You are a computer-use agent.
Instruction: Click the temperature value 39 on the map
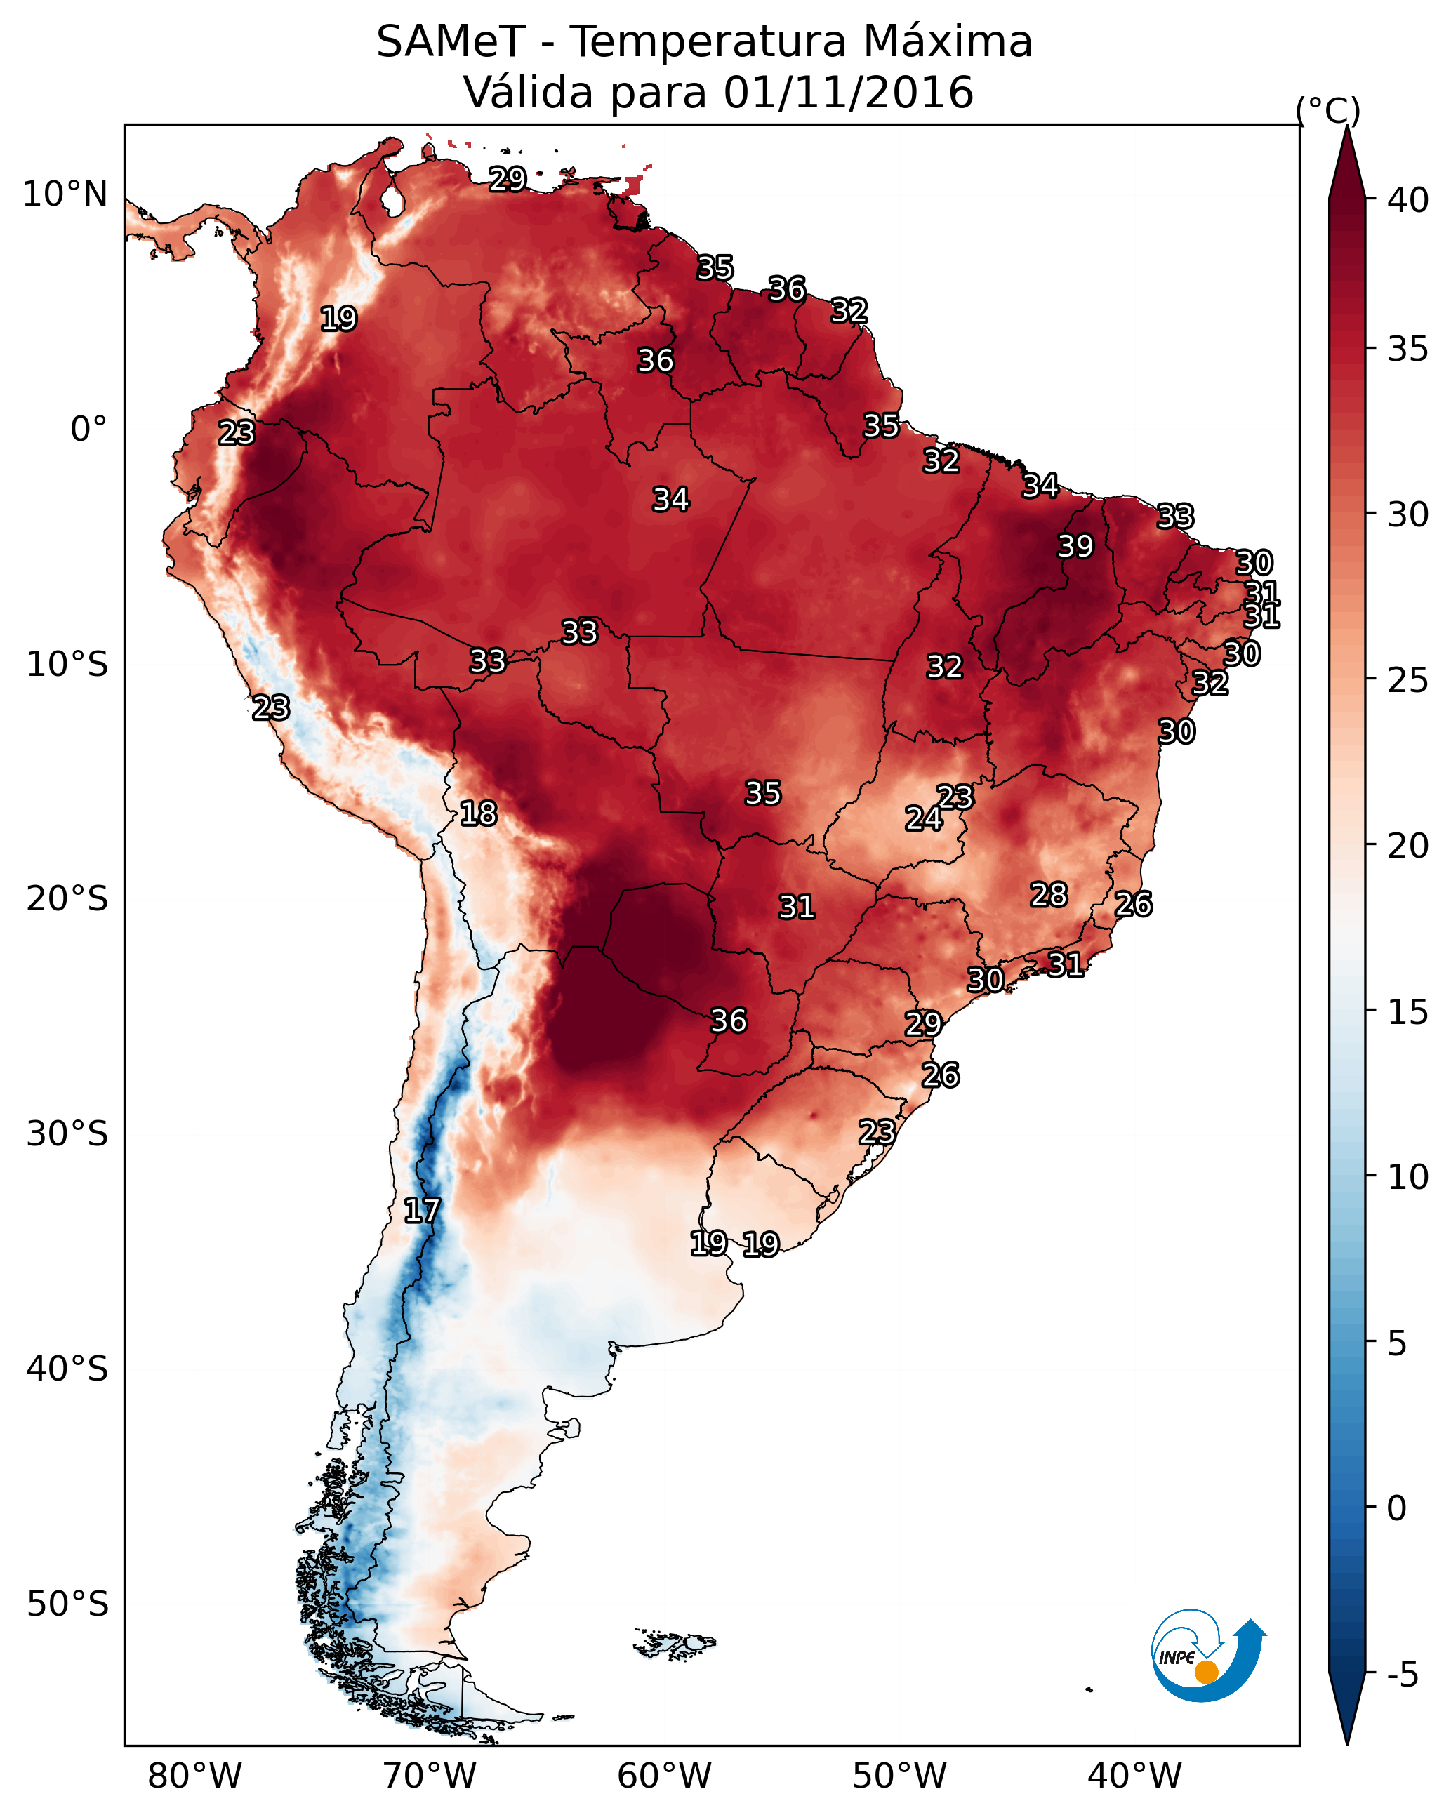(1075, 546)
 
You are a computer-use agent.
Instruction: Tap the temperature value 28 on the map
(1049, 895)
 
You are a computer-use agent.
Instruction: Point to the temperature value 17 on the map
(421, 1211)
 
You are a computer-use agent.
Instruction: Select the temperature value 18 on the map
(477, 813)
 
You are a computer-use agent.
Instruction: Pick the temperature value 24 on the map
(923, 818)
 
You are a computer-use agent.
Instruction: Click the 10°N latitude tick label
(65, 194)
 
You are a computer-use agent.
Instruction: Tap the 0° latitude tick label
(88, 430)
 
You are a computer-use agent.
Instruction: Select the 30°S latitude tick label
(67, 1134)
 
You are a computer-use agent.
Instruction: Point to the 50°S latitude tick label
(67, 1604)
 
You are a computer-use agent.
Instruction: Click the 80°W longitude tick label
(194, 1776)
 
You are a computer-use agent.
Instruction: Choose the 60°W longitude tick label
(665, 1776)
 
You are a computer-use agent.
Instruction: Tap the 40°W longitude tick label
(1134, 1776)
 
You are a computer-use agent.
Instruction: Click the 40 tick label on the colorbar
(1408, 200)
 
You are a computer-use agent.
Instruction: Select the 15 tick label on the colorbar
(1408, 1012)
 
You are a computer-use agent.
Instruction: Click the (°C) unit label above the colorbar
(1328, 110)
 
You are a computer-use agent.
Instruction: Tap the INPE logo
(1207, 1655)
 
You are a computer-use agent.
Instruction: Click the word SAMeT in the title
(451, 42)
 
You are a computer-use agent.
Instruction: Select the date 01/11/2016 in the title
(848, 93)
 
